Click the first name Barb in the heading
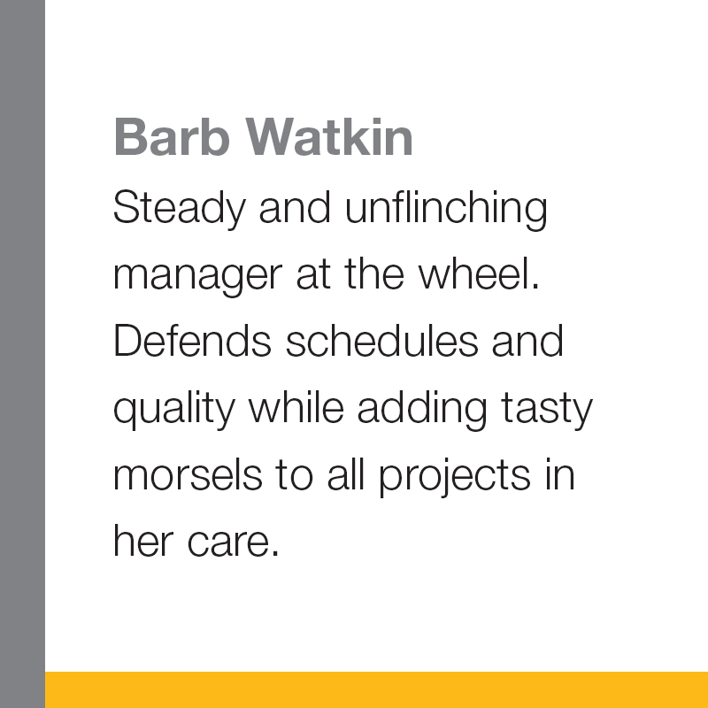coord(172,137)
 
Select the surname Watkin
coord(329,137)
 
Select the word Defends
coord(192,340)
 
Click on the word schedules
coord(382,340)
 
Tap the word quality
coord(174,410)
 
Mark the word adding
coord(422,410)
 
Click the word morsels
coord(188,474)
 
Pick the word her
coord(143,540)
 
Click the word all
coord(346,474)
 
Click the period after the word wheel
coord(536,286)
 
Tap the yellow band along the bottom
coord(377,690)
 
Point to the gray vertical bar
coord(23,354)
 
